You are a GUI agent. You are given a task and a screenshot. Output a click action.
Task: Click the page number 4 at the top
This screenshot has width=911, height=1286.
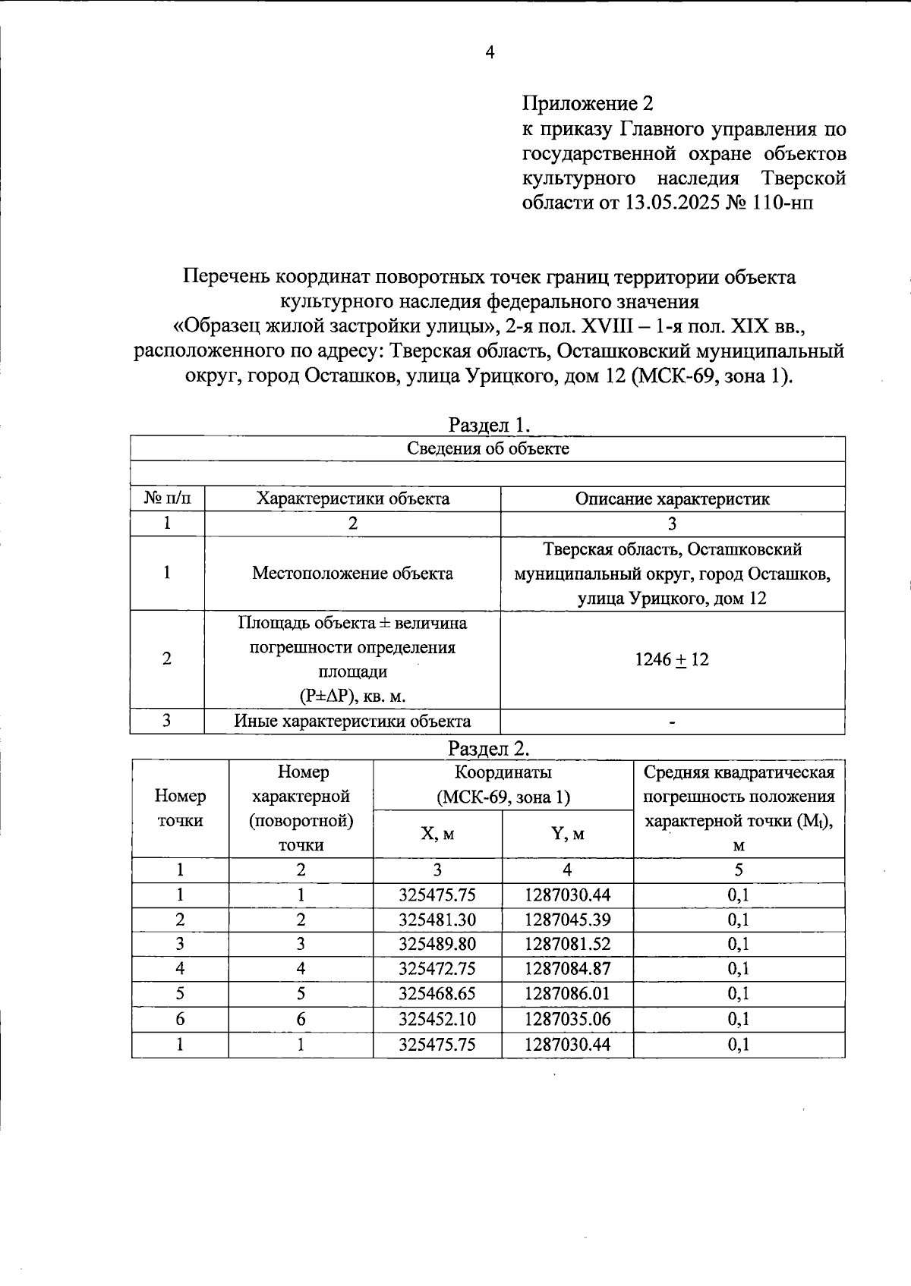tap(490, 52)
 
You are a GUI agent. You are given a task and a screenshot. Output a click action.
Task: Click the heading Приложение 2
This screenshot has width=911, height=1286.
tap(587, 103)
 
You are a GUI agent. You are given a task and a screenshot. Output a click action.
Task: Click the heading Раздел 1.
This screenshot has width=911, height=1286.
tap(488, 423)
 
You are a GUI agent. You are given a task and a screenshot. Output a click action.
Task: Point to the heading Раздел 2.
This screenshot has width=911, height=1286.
tap(488, 748)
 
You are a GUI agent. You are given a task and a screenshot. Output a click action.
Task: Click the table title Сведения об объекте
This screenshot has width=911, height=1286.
tap(488, 448)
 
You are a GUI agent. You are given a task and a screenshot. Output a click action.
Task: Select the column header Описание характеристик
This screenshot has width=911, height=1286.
tap(672, 498)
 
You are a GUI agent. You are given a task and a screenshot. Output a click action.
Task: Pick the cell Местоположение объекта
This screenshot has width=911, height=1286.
tap(352, 573)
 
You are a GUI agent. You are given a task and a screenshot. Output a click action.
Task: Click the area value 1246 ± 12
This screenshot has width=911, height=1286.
tap(672, 659)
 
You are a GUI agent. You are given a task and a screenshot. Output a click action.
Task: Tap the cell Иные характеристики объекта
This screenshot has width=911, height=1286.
tap(352, 721)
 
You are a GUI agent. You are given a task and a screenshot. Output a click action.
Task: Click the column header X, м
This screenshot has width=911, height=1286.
tap(437, 834)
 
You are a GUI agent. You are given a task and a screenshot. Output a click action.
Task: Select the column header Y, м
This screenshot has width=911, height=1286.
tap(567, 834)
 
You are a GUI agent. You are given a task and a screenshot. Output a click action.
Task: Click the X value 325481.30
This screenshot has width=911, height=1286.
tap(437, 920)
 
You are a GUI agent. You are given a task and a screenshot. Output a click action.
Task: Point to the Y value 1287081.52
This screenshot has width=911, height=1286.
tap(567, 944)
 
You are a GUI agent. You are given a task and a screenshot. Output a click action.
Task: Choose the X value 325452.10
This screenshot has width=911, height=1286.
tap(437, 1018)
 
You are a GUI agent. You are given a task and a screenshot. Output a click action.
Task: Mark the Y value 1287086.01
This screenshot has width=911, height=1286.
tap(567, 993)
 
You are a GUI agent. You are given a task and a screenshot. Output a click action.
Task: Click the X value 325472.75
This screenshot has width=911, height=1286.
tap(437, 969)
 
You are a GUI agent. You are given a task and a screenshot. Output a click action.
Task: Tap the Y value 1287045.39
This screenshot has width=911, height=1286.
tap(567, 920)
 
